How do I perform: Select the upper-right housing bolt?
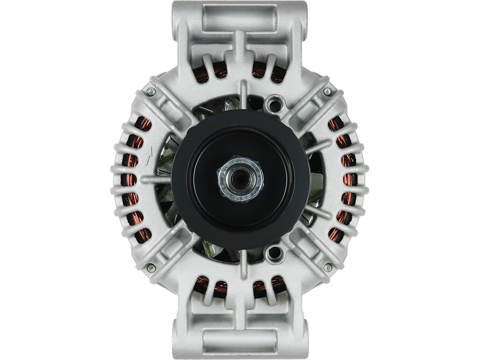327,91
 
